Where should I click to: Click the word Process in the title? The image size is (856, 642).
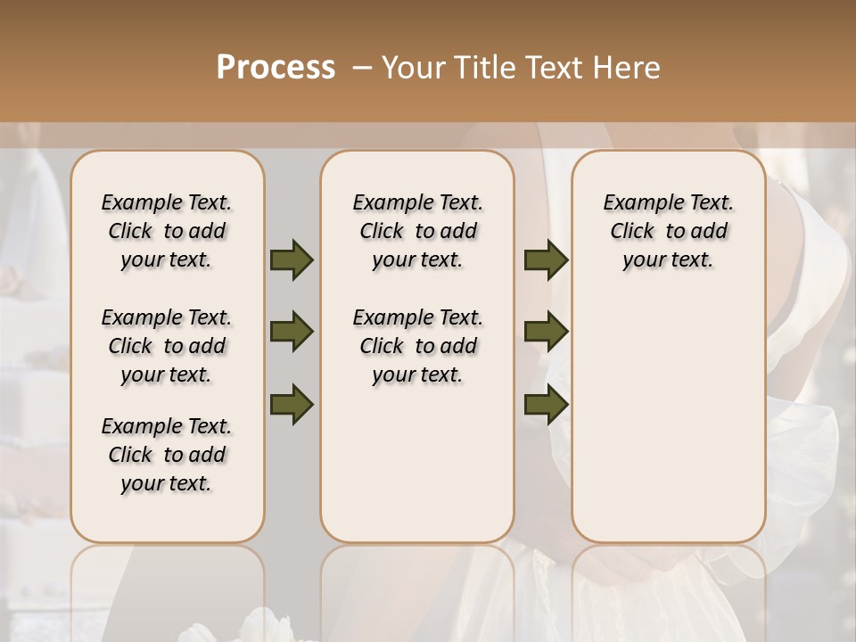pos(276,67)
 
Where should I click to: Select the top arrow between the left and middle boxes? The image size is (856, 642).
pos(292,260)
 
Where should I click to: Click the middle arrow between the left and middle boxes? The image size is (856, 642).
pos(292,333)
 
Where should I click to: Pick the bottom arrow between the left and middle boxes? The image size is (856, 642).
pos(292,405)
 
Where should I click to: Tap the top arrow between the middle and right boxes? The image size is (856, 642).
pos(546,260)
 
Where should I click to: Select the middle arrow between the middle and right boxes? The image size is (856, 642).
pos(546,333)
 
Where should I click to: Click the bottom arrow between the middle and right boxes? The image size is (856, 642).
pos(546,405)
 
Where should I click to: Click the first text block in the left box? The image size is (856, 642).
pos(167,231)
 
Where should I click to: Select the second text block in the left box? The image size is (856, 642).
pos(167,346)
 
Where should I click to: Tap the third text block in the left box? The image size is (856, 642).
pos(167,455)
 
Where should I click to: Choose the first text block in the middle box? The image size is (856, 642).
pos(417,231)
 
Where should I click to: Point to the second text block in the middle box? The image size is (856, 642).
pos(417,346)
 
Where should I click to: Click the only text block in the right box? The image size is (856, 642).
pos(668,231)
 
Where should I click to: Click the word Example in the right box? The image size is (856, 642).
pos(638,203)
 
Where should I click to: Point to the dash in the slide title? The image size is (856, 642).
pos(361,67)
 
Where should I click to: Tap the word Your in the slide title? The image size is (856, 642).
pos(413,67)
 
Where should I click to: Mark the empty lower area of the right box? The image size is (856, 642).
pos(668,419)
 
